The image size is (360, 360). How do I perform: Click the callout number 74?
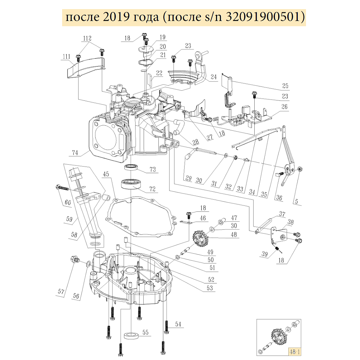74,152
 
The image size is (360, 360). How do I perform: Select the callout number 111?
67,57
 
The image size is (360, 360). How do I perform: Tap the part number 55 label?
145,332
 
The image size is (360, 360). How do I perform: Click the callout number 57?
61,291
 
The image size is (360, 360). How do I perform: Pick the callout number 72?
152,189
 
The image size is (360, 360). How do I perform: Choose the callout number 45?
106,174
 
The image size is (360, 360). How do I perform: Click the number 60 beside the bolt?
67,202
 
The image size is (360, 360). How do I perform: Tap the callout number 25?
285,85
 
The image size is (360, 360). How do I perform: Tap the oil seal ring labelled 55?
132,334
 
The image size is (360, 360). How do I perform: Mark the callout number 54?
179,325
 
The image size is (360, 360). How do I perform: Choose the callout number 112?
87,38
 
